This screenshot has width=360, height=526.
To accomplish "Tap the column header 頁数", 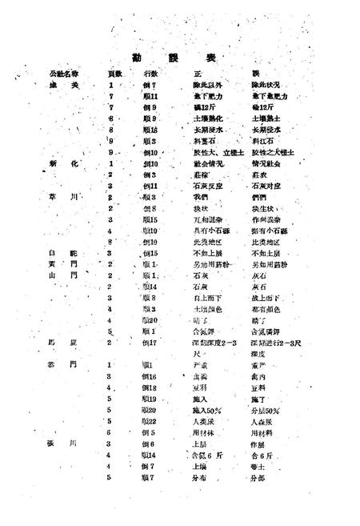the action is pyautogui.click(x=114, y=74).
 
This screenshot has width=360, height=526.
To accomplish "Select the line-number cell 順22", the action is pyautogui.click(x=150, y=420).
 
